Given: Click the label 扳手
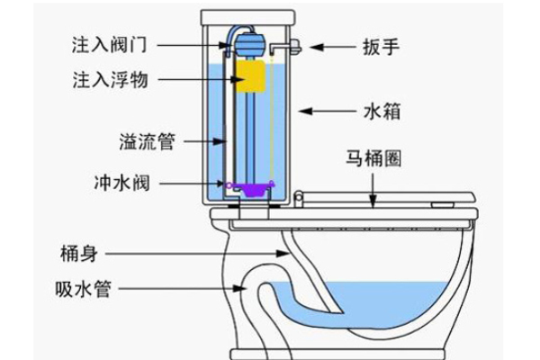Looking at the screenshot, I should pos(379,46).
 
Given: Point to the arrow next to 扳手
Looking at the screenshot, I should pos(332,46).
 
